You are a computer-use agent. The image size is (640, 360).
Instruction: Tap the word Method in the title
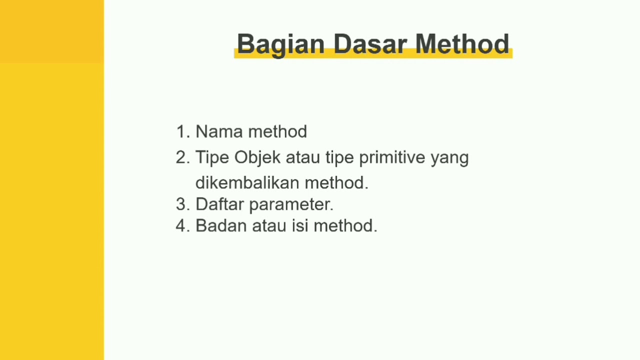(462, 44)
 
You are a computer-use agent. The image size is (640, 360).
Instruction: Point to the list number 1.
(182, 131)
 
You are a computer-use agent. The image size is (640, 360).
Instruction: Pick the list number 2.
(182, 157)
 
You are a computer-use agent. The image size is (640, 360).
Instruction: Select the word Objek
(257, 157)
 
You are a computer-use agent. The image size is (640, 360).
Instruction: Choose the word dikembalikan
(247, 182)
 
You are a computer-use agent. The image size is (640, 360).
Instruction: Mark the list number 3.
(182, 204)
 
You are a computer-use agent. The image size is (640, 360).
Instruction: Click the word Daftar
(219, 204)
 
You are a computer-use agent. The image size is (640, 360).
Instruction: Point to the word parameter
(290, 205)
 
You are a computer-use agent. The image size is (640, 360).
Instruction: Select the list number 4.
(182, 225)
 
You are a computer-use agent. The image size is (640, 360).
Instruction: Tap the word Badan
(221, 225)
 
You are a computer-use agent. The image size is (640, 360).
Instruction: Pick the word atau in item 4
(268, 226)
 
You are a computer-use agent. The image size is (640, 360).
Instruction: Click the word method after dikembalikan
(336, 182)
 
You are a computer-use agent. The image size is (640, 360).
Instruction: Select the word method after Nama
(277, 131)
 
